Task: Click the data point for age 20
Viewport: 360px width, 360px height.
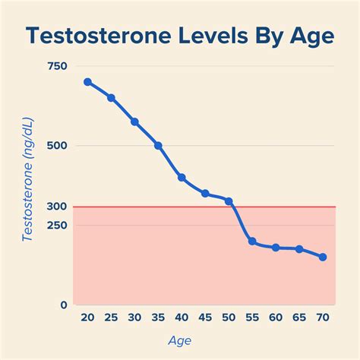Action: coord(87,82)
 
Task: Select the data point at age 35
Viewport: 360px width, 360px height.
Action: coord(158,145)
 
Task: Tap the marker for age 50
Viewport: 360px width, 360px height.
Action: coord(229,201)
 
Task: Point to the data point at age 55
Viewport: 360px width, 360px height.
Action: coord(252,242)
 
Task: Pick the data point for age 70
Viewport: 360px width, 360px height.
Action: coord(323,257)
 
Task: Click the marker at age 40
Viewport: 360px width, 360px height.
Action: coord(182,178)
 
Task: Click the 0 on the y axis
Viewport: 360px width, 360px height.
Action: coord(64,305)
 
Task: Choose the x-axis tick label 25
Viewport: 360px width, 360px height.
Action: coord(111,318)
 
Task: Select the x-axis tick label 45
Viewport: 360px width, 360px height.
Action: coord(205,318)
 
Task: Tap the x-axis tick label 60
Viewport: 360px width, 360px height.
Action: coord(276,318)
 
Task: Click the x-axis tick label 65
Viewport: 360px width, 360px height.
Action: coord(299,318)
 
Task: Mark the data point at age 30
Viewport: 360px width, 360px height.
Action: coord(134,122)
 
